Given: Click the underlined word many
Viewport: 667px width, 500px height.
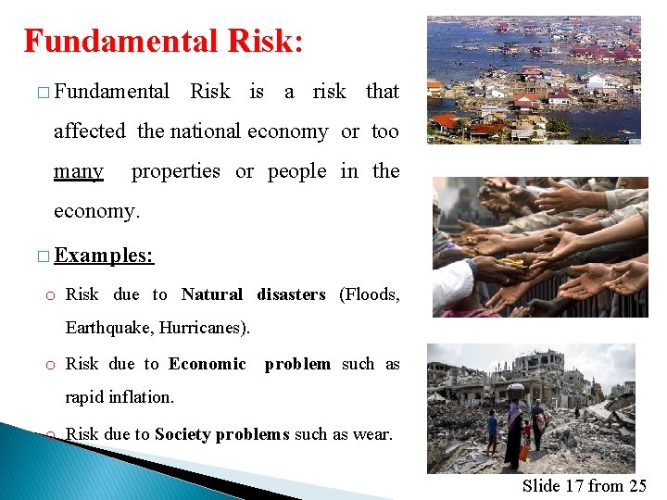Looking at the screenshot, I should click(x=79, y=171).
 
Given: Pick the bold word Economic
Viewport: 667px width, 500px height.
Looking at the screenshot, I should click(x=208, y=364).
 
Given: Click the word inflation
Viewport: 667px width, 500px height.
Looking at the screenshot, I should click(x=142, y=397).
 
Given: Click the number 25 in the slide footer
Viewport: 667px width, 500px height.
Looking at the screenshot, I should click(x=636, y=485).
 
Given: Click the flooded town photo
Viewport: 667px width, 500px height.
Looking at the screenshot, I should click(x=534, y=80).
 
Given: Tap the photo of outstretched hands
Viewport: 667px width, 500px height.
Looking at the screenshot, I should click(x=540, y=247).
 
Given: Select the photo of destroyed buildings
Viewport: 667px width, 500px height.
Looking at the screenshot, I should click(x=531, y=407).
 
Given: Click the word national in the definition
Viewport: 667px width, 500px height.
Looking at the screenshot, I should click(x=206, y=131).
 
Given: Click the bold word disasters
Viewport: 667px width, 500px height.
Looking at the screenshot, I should click(x=291, y=294).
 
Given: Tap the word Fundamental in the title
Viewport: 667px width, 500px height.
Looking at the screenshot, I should click(x=117, y=41).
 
